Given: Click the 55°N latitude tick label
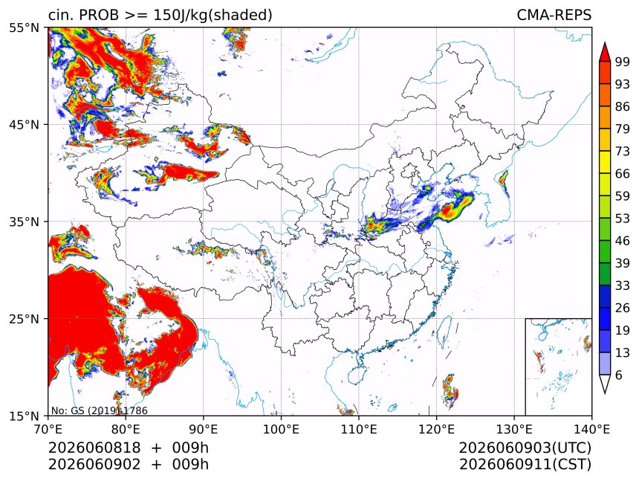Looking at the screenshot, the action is pos(24,28).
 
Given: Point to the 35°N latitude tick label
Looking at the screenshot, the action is pos(24,222).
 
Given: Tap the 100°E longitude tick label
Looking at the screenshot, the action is pos(281,429).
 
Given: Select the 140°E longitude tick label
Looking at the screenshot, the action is pos(591,429).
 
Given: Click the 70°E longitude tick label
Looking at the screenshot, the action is pos(48,429).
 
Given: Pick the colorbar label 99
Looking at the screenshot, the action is pos(623,62).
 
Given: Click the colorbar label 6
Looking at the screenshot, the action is pos(619,375).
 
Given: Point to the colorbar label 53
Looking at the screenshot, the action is pos(623,219).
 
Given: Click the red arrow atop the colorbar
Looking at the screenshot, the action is pos(605,52).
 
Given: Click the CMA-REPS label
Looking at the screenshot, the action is pos(554,15).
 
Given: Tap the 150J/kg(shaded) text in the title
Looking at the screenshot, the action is pos(213,15).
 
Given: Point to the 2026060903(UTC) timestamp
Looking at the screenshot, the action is pos(525,448).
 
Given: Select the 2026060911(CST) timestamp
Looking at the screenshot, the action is pos(525,465).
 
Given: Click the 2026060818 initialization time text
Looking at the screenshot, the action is pos(94,448).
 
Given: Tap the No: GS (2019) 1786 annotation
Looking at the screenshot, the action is pos(99,410).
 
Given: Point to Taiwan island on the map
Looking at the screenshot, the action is pos(444,332).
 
